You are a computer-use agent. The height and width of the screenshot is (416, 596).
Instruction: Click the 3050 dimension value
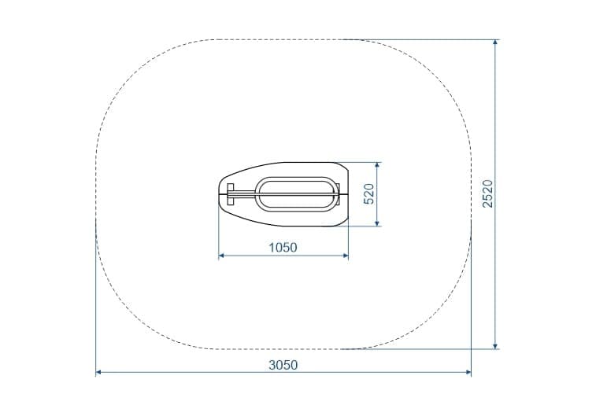(283, 365)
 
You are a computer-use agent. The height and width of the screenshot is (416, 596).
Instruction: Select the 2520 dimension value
(487, 193)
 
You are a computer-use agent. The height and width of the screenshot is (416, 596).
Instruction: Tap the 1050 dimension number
(283, 248)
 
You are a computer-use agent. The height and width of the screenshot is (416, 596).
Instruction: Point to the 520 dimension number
(369, 194)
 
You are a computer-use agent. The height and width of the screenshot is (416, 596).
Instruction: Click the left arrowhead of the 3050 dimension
(98, 372)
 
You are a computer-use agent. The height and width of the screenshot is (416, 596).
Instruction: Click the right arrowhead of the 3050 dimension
(468, 372)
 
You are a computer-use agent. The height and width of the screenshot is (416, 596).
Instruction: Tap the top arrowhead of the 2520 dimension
(495, 42)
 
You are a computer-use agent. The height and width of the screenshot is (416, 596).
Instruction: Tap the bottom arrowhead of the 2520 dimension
(495, 346)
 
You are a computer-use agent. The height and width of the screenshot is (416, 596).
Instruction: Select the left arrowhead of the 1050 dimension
(221, 256)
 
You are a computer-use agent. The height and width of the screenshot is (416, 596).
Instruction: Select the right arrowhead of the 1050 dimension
(346, 256)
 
